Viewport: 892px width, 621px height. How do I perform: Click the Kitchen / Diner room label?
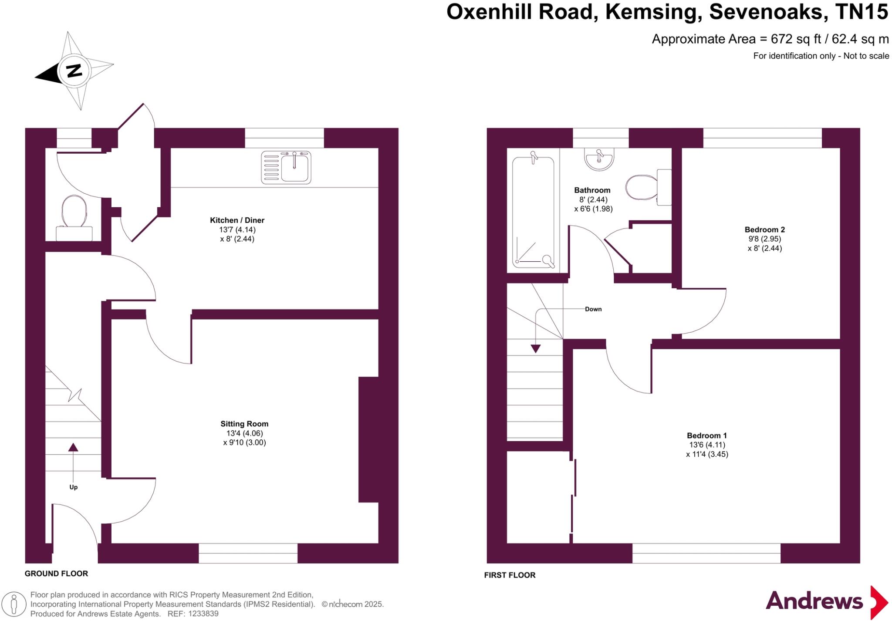click(x=237, y=220)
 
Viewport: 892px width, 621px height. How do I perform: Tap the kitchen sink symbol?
click(x=286, y=167)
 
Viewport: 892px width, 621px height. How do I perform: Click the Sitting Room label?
click(x=244, y=424)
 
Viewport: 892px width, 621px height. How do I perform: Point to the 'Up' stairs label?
click(x=73, y=487)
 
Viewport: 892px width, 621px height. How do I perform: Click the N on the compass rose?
click(x=74, y=70)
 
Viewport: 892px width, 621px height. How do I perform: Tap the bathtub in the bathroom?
click(x=533, y=212)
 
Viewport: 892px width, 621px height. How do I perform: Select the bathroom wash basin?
click(x=600, y=159)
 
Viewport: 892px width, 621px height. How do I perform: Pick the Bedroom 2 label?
click(x=764, y=229)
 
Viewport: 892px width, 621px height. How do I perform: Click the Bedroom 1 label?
click(x=706, y=435)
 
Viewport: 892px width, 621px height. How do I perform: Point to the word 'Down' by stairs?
click(x=593, y=309)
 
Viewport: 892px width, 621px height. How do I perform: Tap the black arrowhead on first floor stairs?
click(x=535, y=348)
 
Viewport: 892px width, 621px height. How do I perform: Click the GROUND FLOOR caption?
click(x=56, y=574)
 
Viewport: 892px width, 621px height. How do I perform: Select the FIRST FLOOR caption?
click(x=510, y=575)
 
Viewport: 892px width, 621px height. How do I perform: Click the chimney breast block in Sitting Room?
click(x=368, y=439)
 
